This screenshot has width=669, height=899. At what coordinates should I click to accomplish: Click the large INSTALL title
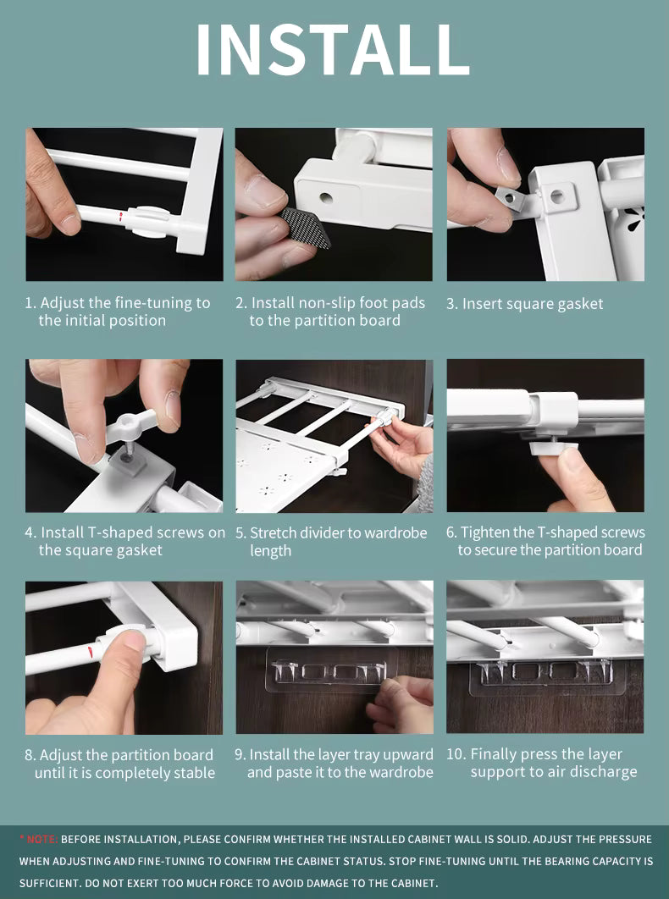[x=334, y=49]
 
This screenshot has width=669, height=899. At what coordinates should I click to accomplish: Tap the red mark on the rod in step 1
[x=120, y=216]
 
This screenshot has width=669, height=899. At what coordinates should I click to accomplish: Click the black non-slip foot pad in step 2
[x=305, y=228]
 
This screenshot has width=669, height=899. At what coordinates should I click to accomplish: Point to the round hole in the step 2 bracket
[x=326, y=198]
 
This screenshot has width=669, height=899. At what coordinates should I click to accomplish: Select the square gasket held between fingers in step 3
[x=511, y=198]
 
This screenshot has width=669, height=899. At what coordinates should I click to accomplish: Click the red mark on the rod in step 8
[x=91, y=651]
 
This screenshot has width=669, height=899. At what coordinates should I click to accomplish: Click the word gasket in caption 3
[x=579, y=304]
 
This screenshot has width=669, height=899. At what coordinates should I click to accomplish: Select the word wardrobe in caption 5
[x=395, y=532]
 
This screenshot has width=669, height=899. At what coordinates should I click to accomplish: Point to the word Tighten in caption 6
[x=487, y=532]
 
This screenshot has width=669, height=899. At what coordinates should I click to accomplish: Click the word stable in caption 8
[x=194, y=773]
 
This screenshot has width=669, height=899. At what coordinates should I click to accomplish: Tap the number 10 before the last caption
[x=456, y=754]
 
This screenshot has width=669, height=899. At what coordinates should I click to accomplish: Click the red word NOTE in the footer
[x=41, y=840]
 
